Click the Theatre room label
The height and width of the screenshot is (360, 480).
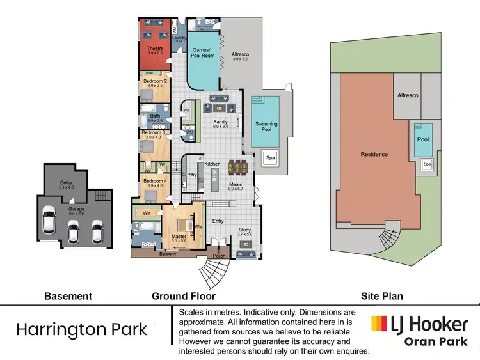(x=155, y=49)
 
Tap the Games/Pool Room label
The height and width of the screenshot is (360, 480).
(x=202, y=53)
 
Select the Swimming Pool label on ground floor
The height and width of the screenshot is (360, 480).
(x=267, y=127)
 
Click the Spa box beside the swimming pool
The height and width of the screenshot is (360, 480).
(x=270, y=157)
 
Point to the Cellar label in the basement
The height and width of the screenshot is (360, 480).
(x=66, y=182)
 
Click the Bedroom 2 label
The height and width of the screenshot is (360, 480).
(x=155, y=81)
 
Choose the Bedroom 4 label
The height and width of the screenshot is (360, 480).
(x=155, y=182)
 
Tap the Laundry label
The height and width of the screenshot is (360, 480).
(x=179, y=38)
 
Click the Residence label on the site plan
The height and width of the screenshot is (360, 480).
(x=374, y=154)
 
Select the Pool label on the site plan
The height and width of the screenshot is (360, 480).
(x=423, y=139)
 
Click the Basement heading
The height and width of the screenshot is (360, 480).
(x=68, y=296)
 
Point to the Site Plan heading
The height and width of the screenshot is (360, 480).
(x=381, y=296)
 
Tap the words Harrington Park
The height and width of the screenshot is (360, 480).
(x=81, y=330)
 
